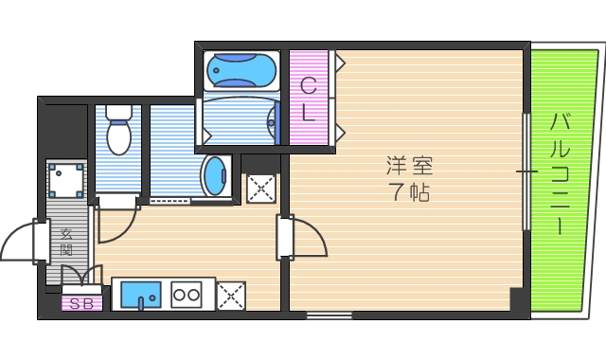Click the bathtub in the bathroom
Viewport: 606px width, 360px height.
(x=241, y=69)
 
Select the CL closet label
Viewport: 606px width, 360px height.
(x=309, y=99)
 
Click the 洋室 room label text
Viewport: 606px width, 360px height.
(x=409, y=166)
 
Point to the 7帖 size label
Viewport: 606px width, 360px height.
(x=409, y=193)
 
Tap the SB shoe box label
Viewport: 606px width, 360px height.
(x=80, y=303)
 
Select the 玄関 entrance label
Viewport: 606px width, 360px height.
(x=67, y=243)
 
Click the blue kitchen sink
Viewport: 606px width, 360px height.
(x=140, y=296)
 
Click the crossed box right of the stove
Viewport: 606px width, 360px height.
(x=231, y=296)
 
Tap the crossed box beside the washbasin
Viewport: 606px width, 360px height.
(x=260, y=188)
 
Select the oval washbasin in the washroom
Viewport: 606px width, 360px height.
(x=217, y=175)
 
